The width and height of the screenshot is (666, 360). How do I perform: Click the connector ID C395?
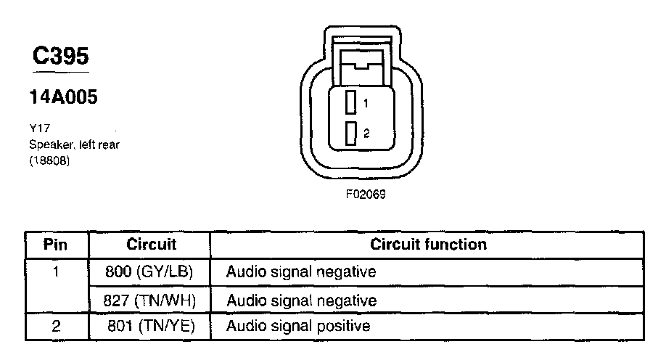pos(61,57)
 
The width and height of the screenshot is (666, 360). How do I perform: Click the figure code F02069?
pos(365,195)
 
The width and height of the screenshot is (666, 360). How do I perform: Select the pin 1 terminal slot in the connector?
pos(351,103)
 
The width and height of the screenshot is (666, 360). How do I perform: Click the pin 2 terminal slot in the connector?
pos(351,134)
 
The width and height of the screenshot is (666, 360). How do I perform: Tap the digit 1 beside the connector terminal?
pos(366,104)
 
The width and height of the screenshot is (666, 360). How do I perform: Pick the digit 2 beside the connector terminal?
pos(366,134)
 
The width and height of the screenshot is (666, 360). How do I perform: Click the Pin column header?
pos(56,245)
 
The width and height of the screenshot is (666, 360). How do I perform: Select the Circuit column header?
pos(152,245)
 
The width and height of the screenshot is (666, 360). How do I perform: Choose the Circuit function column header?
pos(428,245)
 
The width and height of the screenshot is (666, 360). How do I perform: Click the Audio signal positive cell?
pos(298,327)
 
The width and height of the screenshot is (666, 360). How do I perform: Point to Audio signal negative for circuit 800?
pos(301,273)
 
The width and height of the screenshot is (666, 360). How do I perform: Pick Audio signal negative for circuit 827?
pos(301,300)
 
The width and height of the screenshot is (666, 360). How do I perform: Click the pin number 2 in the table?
pos(56,327)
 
